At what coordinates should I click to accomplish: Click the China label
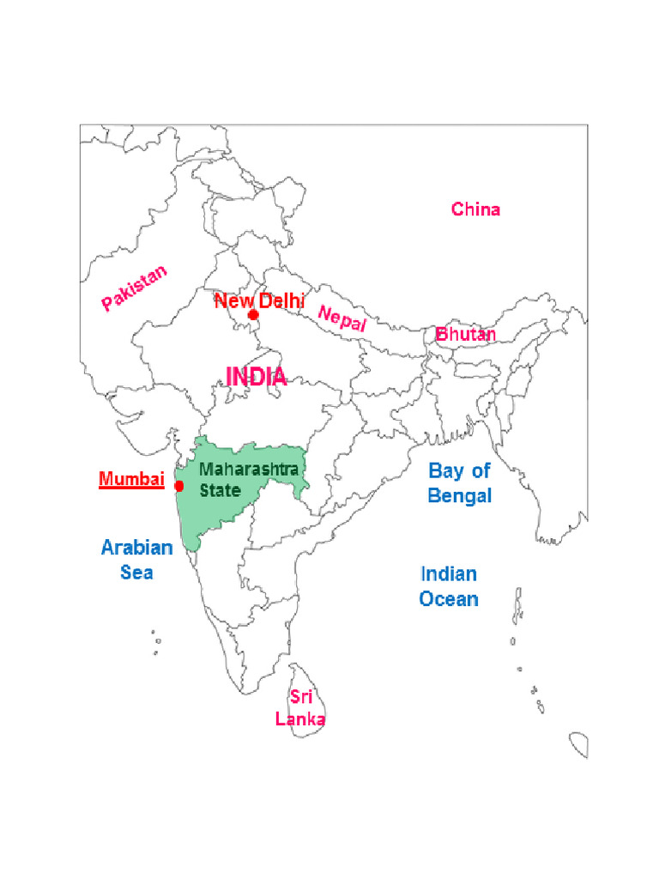[x=475, y=209]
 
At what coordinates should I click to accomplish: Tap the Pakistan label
[x=134, y=288]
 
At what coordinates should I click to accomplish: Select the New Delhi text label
[x=259, y=301]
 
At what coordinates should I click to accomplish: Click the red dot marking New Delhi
[x=253, y=315]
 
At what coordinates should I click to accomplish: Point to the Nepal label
[x=342, y=318]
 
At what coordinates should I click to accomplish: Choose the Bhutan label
[x=465, y=335]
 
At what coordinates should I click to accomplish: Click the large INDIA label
[x=256, y=376]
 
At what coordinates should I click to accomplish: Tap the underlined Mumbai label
[x=130, y=480]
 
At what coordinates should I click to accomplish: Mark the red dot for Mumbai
[x=178, y=486]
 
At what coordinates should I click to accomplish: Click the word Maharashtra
[x=249, y=470]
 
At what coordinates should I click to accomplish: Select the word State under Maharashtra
[x=220, y=491]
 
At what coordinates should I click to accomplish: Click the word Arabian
[x=136, y=548]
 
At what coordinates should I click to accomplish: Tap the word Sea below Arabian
[x=136, y=572]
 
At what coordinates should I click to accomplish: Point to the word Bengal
[x=460, y=496]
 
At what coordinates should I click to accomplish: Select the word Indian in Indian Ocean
[x=448, y=573]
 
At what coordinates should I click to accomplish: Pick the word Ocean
[x=448, y=599]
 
